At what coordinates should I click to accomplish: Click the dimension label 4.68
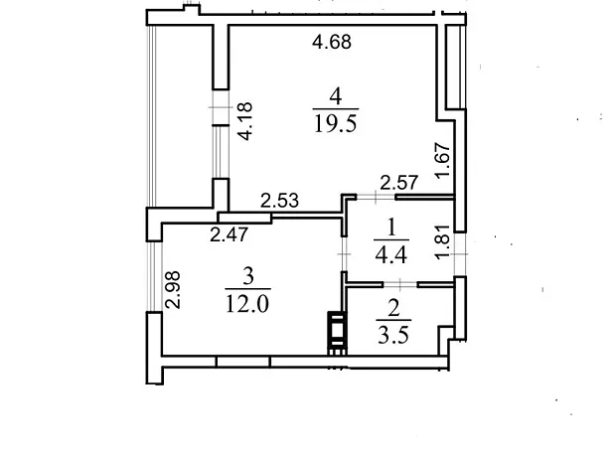pos(332,42)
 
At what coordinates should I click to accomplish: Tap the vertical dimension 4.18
pos(244,121)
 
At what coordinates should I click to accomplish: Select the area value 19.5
pos(336,124)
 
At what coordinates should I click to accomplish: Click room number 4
pos(336,96)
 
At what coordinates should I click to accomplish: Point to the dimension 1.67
pos(442,160)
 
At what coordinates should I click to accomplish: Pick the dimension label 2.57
pos(398,183)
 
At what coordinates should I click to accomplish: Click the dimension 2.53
pos(280,201)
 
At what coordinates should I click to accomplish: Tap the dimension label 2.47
pos(229,234)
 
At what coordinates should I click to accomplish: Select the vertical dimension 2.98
pos(173,290)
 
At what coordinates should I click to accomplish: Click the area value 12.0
pos(247,304)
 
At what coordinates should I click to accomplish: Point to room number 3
pos(248,277)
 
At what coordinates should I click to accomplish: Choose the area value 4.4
pos(390,254)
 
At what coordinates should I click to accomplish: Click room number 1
pos(390,228)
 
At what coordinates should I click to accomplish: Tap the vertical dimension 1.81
pos(442,241)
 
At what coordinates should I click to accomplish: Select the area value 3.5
pos(393,336)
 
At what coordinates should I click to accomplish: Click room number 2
pos(393,308)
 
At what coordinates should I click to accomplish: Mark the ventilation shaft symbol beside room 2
pos(337,333)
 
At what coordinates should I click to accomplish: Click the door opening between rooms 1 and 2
pos(400,284)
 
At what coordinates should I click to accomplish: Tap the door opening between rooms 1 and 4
pos(376,197)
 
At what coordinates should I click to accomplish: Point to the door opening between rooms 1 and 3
pos(344,254)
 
